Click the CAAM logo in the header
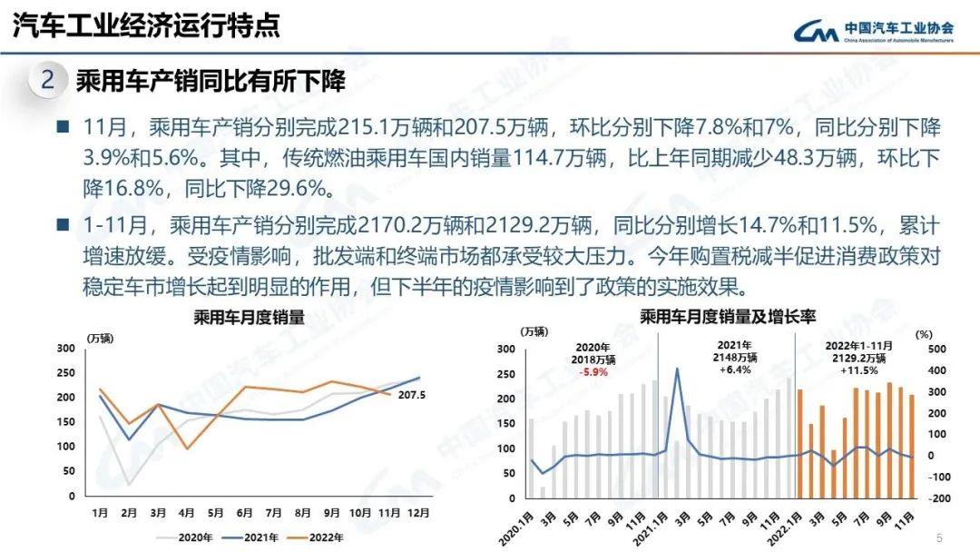(x=817, y=32)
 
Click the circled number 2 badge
(x=48, y=81)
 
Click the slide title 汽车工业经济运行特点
(x=146, y=25)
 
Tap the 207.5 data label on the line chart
(x=411, y=395)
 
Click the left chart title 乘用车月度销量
(x=248, y=319)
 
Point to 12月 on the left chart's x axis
(x=418, y=513)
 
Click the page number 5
(x=939, y=536)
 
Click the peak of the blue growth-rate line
(x=677, y=369)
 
